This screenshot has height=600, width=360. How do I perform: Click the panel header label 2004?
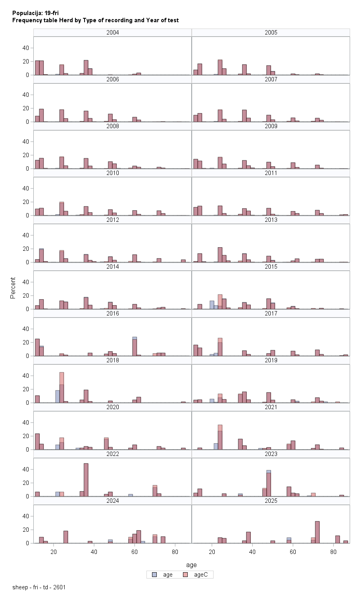(x=112, y=33)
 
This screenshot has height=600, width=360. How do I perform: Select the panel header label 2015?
(x=271, y=267)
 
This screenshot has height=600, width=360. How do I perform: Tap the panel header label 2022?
(x=112, y=454)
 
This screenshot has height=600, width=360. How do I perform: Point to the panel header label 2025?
(x=271, y=501)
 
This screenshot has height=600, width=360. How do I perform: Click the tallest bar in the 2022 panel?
(x=86, y=480)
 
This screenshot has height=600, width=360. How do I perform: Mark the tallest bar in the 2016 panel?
(x=135, y=346)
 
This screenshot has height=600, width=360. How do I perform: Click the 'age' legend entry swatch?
(x=154, y=575)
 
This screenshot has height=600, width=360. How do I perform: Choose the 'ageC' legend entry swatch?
(x=185, y=575)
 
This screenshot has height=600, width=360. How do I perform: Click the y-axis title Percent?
(x=13, y=288)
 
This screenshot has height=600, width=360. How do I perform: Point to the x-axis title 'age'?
(x=191, y=565)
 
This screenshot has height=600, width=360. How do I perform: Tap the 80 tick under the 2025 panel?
(x=333, y=552)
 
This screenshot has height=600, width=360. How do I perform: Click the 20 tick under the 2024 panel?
(x=54, y=552)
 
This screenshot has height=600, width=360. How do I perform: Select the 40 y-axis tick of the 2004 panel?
(x=26, y=48)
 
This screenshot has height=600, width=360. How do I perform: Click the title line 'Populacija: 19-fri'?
(x=35, y=13)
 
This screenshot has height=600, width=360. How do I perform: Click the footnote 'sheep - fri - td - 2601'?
(x=39, y=587)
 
